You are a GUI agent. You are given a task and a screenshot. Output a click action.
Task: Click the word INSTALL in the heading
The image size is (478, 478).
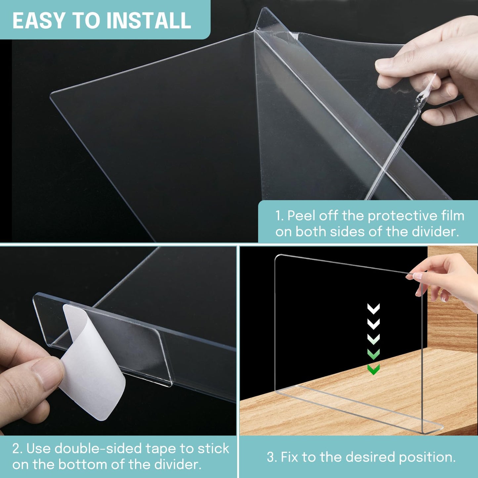click(x=148, y=21)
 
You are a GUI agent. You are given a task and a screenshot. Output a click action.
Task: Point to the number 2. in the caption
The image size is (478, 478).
click(x=17, y=449)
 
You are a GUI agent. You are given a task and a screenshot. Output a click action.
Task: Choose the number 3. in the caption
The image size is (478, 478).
click(x=272, y=457)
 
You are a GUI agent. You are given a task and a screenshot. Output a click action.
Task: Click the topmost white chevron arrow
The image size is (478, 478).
click(x=373, y=309)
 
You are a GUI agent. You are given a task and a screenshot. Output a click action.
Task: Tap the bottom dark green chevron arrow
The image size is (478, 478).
click(x=373, y=369)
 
